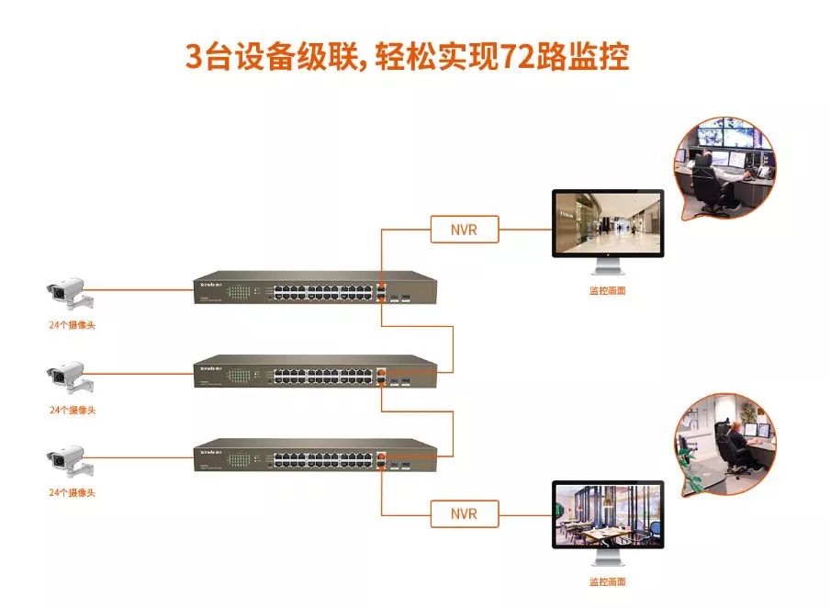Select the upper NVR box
[x=465, y=229]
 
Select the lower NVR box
[x=465, y=513]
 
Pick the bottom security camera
[x=67, y=459]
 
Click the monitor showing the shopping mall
[x=607, y=222]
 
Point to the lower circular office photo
[x=724, y=445]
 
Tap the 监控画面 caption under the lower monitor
[x=607, y=581]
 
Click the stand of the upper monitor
[x=607, y=267]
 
